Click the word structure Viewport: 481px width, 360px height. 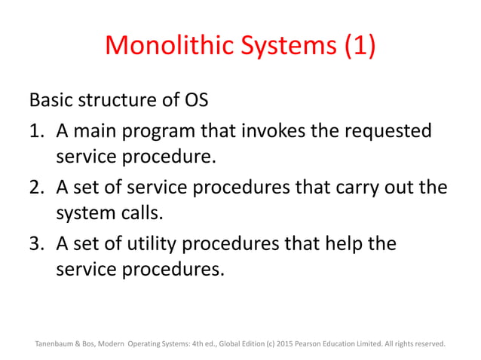115,100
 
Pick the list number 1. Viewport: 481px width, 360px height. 35,131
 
